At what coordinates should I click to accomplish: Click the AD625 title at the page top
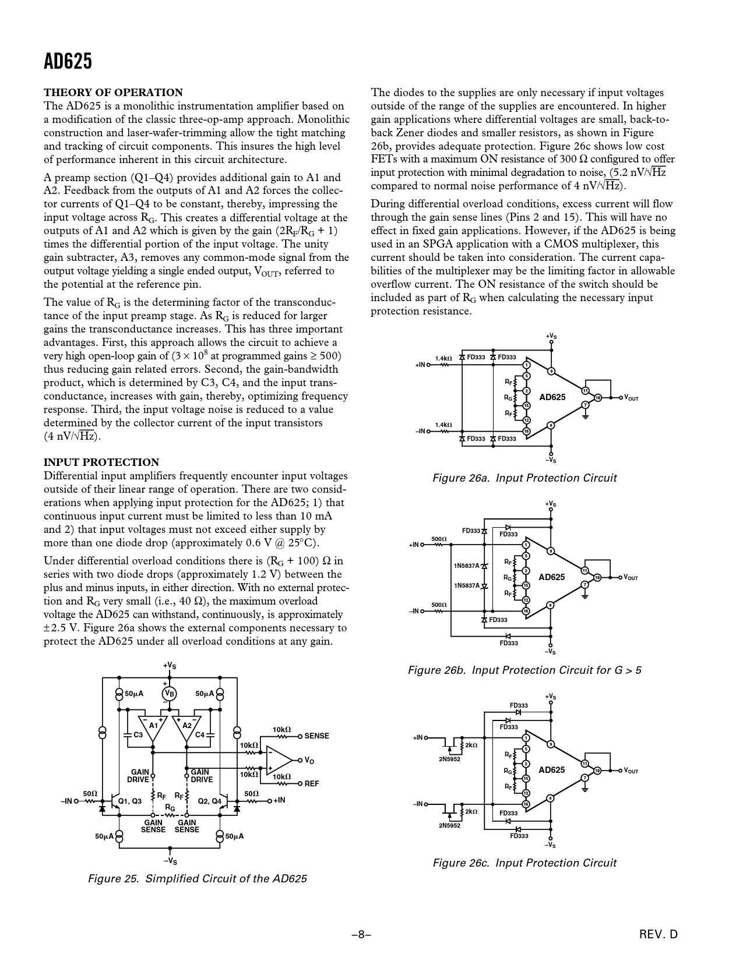(x=68, y=61)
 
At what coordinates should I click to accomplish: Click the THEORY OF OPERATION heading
(x=113, y=93)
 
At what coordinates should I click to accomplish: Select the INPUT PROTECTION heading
(x=101, y=462)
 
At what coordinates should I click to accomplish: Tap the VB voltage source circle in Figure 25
(x=170, y=693)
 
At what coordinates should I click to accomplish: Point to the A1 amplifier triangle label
(x=153, y=726)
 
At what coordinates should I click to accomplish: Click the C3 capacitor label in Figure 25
(x=138, y=735)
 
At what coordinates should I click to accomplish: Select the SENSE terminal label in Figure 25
(x=316, y=736)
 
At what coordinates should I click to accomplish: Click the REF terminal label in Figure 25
(x=312, y=783)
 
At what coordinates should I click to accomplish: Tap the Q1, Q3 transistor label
(x=130, y=801)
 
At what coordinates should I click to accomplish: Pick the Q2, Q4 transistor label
(x=210, y=801)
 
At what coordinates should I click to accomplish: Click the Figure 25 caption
(x=197, y=878)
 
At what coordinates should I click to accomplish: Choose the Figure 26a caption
(x=524, y=478)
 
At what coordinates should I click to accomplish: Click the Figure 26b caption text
(x=524, y=670)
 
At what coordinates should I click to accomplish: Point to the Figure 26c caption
(x=524, y=863)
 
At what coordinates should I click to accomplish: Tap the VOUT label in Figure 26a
(x=631, y=398)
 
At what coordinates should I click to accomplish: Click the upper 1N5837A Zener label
(x=466, y=566)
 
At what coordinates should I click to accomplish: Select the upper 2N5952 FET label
(x=449, y=759)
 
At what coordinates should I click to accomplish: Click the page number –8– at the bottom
(x=361, y=935)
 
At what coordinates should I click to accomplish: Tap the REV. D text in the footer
(x=659, y=935)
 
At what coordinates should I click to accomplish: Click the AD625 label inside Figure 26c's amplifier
(x=551, y=770)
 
